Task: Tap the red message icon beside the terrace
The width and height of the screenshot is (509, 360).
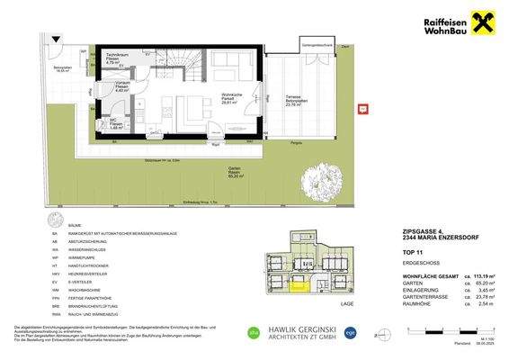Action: pyautogui.click(x=363, y=109)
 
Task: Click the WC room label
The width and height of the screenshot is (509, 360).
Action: pyautogui.click(x=116, y=125)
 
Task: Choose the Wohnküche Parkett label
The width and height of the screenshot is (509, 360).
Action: pyautogui.click(x=230, y=100)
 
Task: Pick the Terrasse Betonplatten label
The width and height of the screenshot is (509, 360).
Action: pyautogui.click(x=293, y=100)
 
